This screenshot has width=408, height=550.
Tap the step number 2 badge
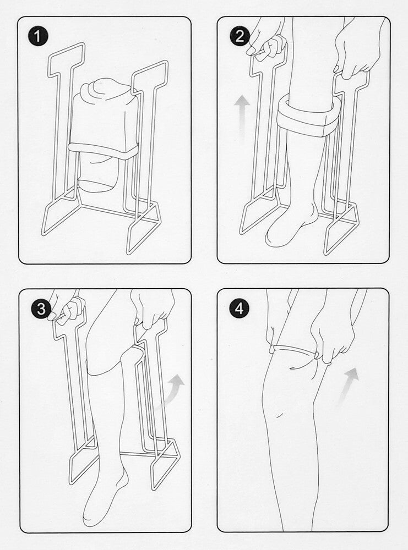[x=238, y=37]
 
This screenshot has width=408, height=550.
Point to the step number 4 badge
[x=238, y=309]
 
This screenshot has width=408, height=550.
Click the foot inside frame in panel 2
[x=289, y=226]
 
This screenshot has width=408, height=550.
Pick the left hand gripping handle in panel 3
[x=63, y=311]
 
